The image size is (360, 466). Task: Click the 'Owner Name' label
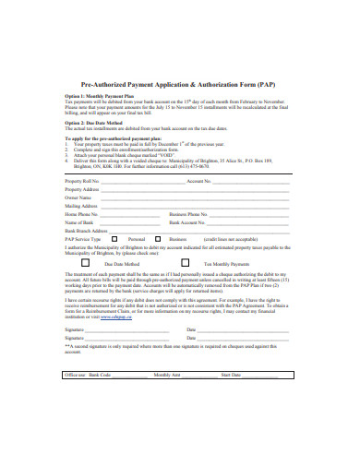(x=78, y=197)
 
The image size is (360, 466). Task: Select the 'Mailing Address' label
(x=81, y=206)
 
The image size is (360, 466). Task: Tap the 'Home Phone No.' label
(x=82, y=214)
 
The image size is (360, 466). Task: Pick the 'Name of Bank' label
(x=79, y=222)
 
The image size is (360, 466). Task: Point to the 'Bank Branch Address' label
(x=86, y=231)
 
